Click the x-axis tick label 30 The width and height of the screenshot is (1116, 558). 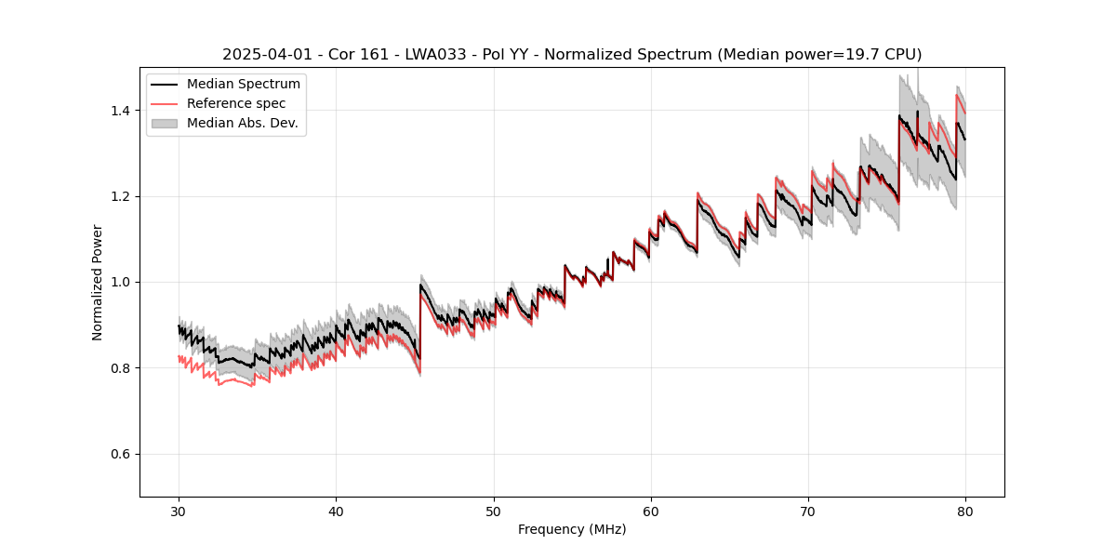[179, 511]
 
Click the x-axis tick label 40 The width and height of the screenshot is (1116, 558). [336, 511]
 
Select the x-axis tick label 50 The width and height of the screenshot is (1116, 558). [494, 511]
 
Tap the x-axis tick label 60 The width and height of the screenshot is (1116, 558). [651, 511]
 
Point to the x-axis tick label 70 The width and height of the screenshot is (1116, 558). [808, 511]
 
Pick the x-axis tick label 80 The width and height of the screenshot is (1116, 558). [965, 511]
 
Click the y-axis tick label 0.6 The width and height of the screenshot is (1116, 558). [122, 454]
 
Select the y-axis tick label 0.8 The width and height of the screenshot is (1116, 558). [122, 368]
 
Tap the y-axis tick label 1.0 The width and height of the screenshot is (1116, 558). [122, 282]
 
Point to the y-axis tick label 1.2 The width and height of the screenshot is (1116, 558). [122, 196]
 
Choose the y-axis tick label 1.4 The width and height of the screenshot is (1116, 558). [122, 111]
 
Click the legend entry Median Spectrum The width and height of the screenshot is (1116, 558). [244, 85]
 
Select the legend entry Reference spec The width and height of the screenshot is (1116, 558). [236, 103]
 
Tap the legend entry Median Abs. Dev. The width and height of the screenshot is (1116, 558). [242, 123]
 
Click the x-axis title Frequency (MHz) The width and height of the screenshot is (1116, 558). [572, 530]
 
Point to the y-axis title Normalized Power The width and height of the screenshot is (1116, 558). [98, 282]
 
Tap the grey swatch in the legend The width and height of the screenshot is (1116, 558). [165, 123]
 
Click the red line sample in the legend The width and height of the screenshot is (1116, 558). [165, 103]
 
